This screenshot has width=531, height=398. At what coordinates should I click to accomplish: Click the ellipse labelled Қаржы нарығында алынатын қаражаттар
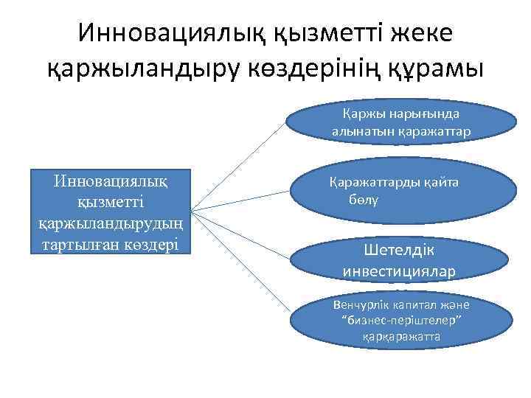coord(401,122)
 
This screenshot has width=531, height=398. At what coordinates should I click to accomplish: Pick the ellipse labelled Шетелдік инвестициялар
coord(401,260)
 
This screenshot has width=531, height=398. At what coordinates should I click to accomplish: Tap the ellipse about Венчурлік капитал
coord(401,321)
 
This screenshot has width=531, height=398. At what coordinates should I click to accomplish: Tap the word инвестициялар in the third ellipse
coord(399,271)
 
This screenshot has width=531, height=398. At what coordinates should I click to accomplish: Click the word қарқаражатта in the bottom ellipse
coord(401,336)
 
